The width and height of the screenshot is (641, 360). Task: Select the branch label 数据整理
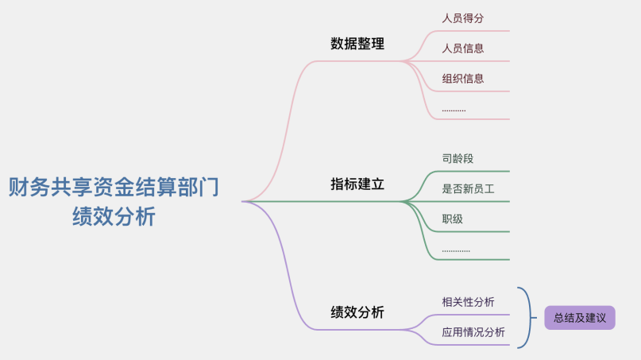357,44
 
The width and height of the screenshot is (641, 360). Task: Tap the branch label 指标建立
357,184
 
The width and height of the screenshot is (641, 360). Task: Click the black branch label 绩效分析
357,312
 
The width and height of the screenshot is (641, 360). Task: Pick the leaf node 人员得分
463,17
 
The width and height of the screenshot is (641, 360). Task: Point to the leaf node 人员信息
463,48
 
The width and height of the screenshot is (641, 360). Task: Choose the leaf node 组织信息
463,78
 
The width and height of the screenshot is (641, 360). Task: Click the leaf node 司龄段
458,158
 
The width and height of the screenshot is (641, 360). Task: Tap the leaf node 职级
453,219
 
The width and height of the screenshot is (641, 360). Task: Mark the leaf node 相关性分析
468,301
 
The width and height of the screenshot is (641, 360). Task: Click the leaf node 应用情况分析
473,332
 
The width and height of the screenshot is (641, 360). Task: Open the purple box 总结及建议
580,318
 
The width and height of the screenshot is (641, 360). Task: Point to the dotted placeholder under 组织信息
454,109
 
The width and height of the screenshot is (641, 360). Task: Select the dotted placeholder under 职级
456,250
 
